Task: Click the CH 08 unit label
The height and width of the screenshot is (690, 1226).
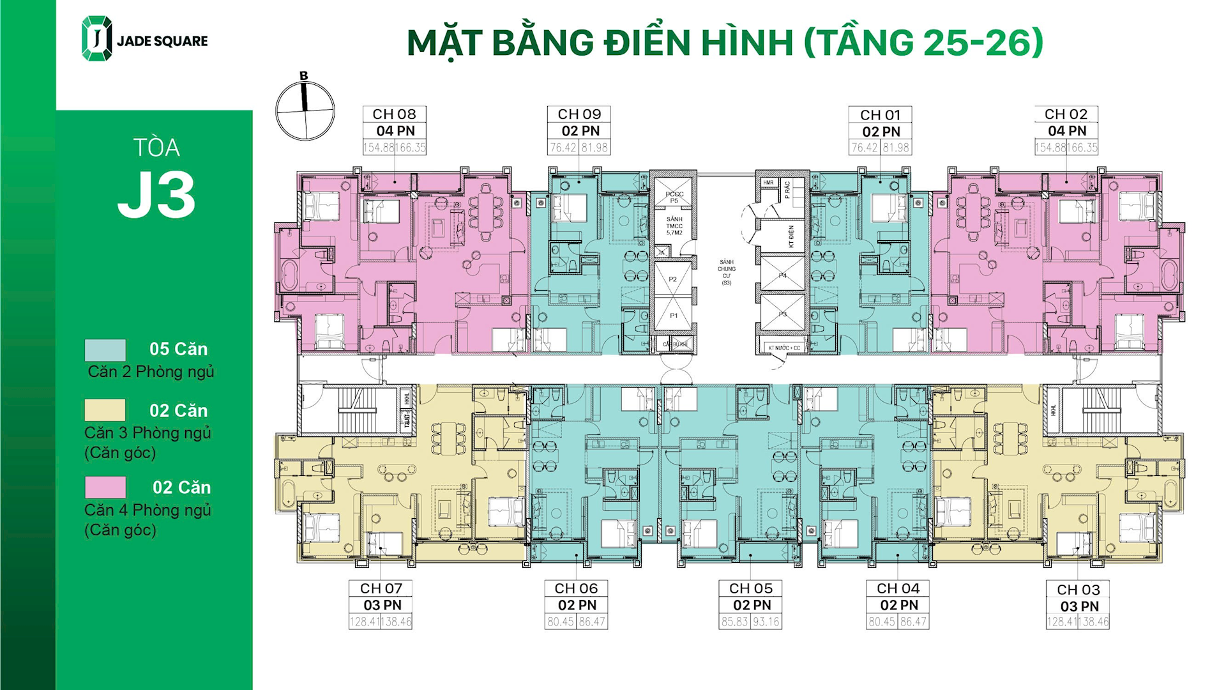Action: (x=394, y=114)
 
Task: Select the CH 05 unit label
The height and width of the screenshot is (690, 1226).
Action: (x=750, y=588)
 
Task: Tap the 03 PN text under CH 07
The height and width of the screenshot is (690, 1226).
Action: (x=382, y=605)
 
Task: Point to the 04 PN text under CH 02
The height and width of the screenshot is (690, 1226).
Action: (x=1066, y=131)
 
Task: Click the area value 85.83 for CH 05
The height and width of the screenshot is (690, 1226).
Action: (x=735, y=622)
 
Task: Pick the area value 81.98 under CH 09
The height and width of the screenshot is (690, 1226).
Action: (x=594, y=148)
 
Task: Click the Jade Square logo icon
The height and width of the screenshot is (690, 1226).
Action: (x=96, y=39)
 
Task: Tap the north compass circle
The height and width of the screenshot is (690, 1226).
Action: (x=305, y=111)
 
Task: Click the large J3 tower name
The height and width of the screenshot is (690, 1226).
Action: (x=156, y=195)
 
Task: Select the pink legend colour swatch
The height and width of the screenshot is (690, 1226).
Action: (x=105, y=487)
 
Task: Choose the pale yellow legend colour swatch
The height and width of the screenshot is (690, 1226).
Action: (x=105, y=410)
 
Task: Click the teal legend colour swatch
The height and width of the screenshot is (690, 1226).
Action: (x=105, y=350)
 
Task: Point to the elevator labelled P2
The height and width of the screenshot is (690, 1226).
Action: (x=672, y=279)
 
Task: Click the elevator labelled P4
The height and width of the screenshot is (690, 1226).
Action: (x=783, y=275)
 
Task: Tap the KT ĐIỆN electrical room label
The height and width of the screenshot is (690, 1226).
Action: (x=791, y=236)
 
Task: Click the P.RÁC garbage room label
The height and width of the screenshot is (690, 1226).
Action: (x=787, y=189)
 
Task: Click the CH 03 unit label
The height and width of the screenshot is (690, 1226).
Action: (x=1078, y=590)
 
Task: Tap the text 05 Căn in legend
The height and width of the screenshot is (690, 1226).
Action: (x=178, y=349)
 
